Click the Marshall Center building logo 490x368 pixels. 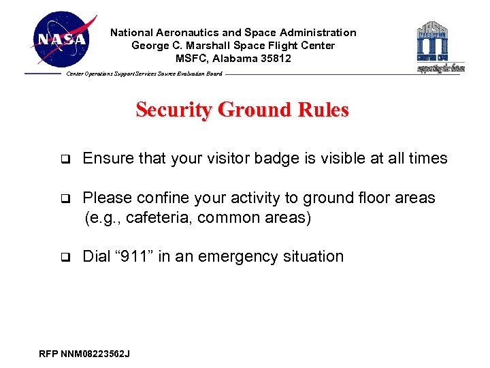[x=440, y=46]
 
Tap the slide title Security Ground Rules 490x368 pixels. [x=242, y=110]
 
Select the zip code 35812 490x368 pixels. [x=277, y=59]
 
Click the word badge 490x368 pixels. [x=278, y=159]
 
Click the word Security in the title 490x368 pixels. [x=174, y=110]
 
